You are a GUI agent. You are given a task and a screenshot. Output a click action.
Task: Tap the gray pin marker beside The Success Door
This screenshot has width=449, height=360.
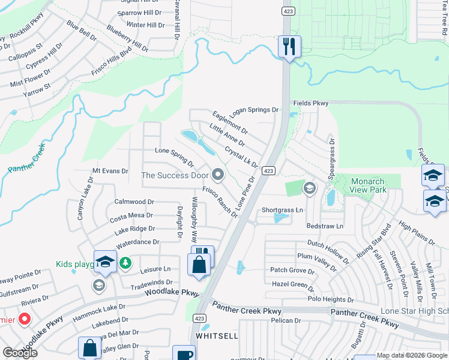pyautogui.click(x=218, y=175)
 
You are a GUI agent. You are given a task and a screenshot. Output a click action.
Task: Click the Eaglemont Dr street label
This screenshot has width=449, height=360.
pyautogui.click(x=230, y=121)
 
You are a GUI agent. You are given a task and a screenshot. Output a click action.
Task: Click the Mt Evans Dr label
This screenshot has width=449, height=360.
pyautogui.click(x=110, y=171)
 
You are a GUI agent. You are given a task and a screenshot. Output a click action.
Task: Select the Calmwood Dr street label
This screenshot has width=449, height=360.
pyautogui.click(x=134, y=202)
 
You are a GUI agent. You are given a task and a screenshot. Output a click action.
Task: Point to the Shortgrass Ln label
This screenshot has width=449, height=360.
pyautogui.click(x=282, y=210)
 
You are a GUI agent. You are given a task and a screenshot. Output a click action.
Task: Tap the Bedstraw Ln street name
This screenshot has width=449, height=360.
pyautogui.click(x=324, y=226)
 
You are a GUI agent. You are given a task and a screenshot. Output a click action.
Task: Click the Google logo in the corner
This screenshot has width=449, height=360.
pyautogui.click(x=20, y=353)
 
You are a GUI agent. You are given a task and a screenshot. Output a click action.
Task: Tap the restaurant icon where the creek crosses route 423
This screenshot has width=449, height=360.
pyautogui.click(x=290, y=47)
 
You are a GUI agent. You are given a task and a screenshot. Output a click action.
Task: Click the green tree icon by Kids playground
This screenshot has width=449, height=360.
pyautogui.click(x=125, y=262)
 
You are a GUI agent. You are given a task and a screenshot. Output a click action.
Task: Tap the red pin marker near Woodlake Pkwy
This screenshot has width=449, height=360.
pyautogui.click(x=25, y=318)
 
